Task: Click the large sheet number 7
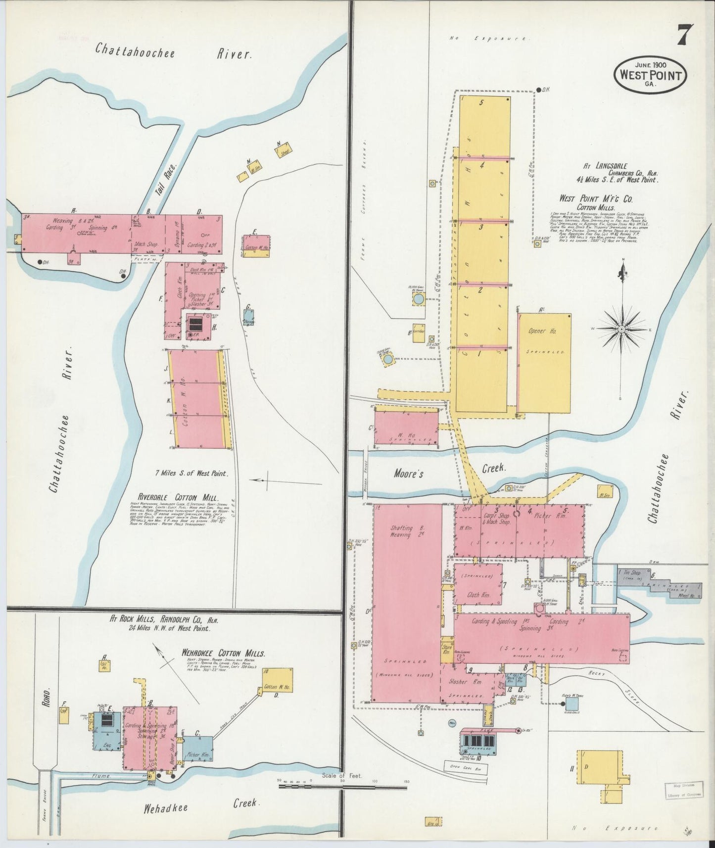[685, 36]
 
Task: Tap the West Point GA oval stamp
[650, 75]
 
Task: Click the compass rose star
[621, 329]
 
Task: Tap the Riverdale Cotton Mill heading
[179, 498]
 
